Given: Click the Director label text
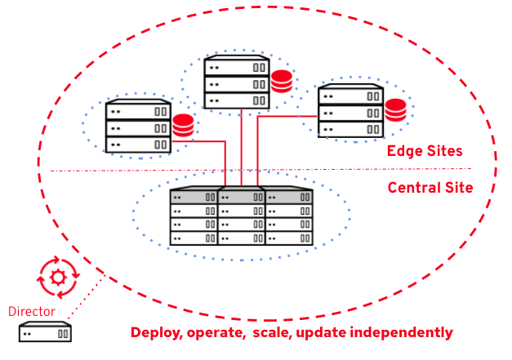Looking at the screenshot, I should point(31,311).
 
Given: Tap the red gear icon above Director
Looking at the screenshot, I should point(58,277).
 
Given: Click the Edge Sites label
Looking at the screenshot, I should point(425,151).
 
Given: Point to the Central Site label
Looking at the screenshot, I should point(430,187).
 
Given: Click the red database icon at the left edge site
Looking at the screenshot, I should point(183,126).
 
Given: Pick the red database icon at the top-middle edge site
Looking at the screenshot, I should point(282,82).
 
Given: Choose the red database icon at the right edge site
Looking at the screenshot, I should point(396,109).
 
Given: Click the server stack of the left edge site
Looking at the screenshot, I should point(137,127).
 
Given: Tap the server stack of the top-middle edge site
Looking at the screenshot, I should point(236,82).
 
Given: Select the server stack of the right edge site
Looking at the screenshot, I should point(350,110).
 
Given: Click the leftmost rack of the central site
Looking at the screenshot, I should point(194,216).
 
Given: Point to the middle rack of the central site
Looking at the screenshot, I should point(241,216).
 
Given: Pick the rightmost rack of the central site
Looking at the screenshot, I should point(288,216).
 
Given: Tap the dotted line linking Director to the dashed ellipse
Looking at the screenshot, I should point(86,296).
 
